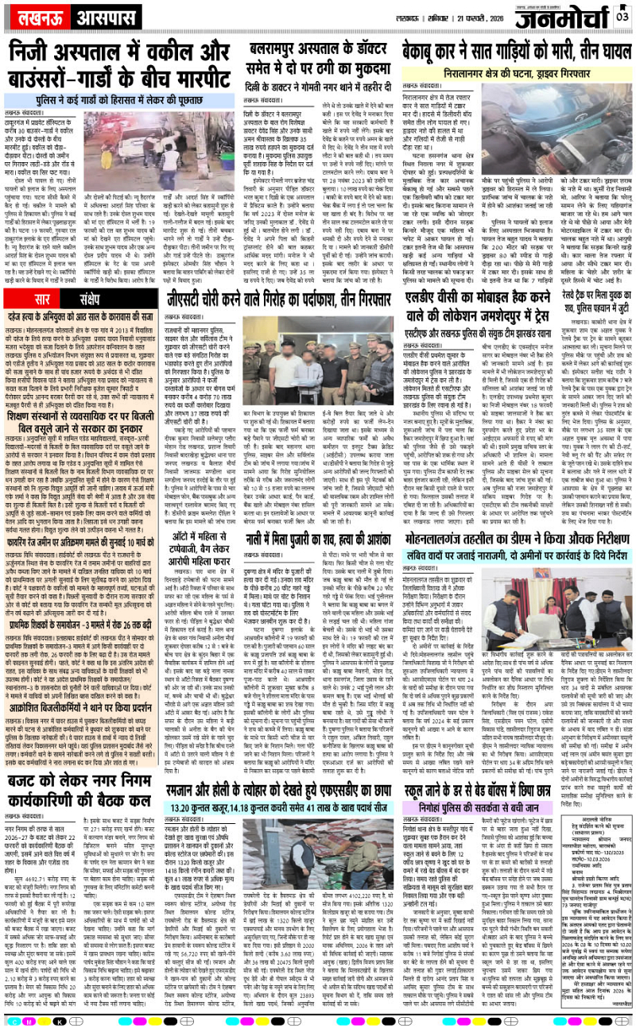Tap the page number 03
[x=622, y=14]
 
